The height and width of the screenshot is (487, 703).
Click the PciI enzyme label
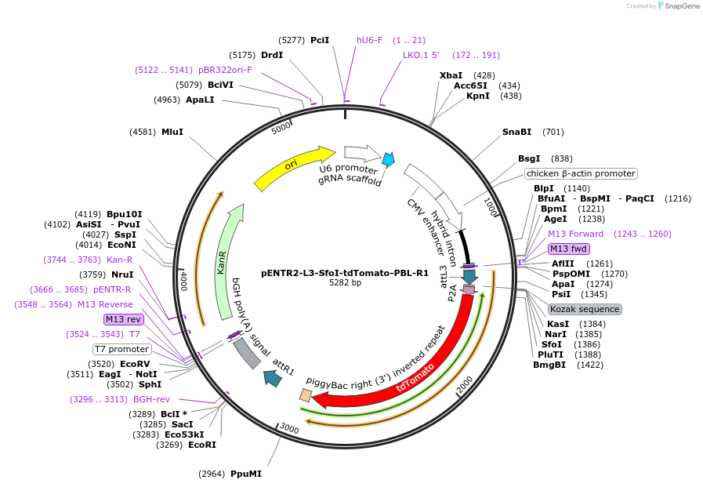click(320, 40)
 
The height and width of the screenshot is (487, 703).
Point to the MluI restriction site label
click(172, 132)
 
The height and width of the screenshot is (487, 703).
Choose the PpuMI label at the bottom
click(246, 474)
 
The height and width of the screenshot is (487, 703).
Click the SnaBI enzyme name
click(516, 132)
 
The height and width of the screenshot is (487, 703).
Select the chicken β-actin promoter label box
click(581, 173)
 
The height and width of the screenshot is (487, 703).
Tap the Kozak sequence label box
click(585, 309)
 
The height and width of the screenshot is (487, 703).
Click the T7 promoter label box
click(121, 349)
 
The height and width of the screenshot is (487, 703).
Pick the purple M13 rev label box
click(124, 319)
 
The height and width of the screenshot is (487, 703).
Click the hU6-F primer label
click(369, 40)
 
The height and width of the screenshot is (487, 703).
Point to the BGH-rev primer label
click(151, 399)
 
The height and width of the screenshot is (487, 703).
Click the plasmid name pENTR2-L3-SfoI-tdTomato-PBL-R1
click(345, 273)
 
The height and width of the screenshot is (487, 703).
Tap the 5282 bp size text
click(345, 283)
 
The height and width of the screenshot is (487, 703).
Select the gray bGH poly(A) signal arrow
click(247, 353)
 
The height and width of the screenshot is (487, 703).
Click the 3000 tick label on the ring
click(289, 430)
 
